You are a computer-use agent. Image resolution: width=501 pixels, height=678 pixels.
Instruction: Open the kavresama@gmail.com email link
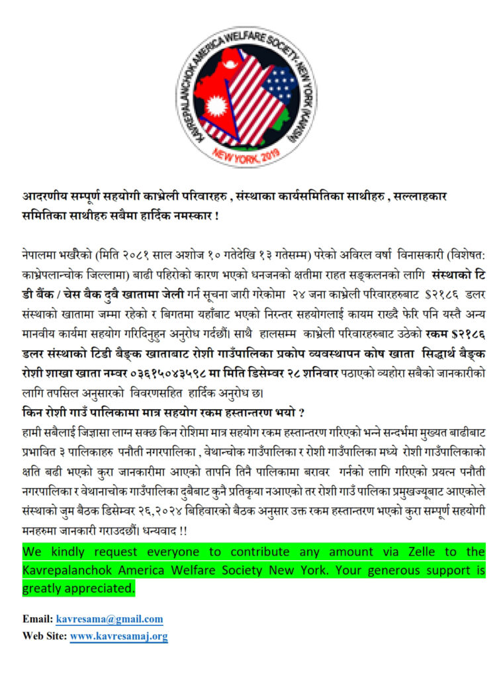(x=109, y=619)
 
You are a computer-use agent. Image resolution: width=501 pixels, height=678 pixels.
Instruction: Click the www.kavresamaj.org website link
(x=118, y=636)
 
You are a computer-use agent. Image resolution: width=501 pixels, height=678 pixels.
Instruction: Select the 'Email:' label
(x=38, y=619)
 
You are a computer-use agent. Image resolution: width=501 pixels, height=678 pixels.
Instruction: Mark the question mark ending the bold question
(x=301, y=413)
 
